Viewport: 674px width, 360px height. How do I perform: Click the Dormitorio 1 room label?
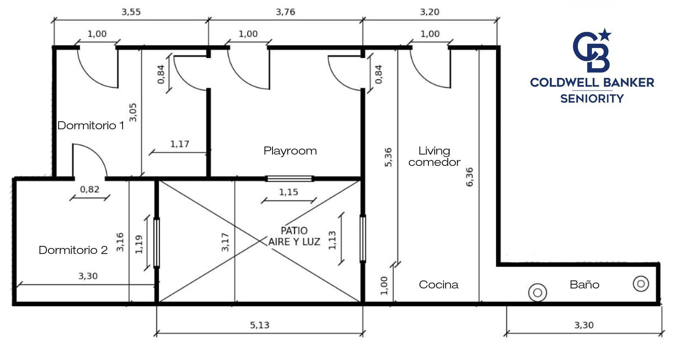[91, 125]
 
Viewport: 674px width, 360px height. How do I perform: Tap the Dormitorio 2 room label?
[73, 250]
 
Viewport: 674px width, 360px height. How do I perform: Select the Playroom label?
[290, 151]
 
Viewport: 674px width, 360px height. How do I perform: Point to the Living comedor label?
[434, 156]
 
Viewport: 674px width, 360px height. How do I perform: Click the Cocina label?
[439, 285]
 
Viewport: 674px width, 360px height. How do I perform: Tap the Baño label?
[584, 284]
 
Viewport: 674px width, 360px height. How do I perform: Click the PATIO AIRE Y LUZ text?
[294, 236]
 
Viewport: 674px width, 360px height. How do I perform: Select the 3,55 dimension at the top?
[131, 12]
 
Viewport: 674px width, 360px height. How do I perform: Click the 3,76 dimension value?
[285, 12]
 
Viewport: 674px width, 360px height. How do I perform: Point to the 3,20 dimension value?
[429, 12]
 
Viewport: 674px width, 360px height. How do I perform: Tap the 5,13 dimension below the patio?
[259, 325]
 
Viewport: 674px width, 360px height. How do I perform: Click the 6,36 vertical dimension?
[469, 177]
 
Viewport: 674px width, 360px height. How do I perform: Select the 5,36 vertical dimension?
[388, 157]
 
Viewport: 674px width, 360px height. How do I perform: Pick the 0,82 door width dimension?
[89, 189]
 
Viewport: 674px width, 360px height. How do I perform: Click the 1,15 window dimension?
[288, 192]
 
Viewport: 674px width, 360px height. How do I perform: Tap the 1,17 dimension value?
[179, 144]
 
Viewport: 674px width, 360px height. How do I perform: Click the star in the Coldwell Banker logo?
[604, 35]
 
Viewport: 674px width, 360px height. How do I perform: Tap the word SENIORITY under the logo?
[592, 99]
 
